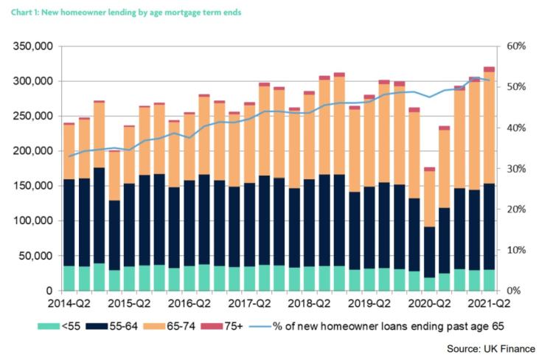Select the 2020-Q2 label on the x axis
[430, 303]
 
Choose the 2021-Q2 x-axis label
[489, 303]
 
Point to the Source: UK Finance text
[492, 347]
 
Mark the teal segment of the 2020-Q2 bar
[430, 285]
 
